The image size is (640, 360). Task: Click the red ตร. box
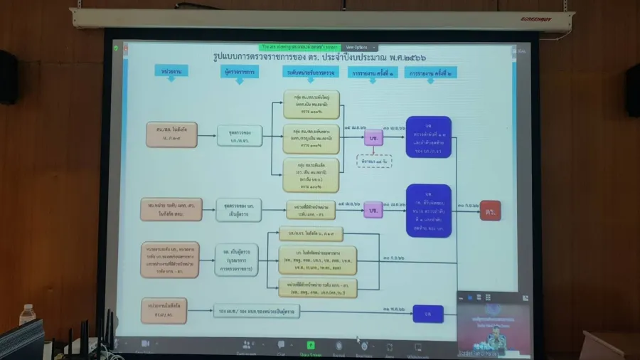pyautogui.click(x=490, y=211)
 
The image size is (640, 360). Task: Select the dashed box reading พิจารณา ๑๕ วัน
pyautogui.click(x=374, y=162)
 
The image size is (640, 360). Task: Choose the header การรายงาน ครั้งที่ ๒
pyautogui.click(x=431, y=73)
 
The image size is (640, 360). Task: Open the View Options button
pyautogui.click(x=357, y=47)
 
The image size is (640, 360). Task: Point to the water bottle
pyautogui.click(x=28, y=316)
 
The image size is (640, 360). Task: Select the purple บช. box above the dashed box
pyautogui.click(x=373, y=137)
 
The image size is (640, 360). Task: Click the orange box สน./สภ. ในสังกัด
pyautogui.click(x=171, y=134)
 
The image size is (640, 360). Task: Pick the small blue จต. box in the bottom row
pyautogui.click(x=428, y=314)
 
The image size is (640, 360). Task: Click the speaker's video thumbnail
pyautogui.click(x=492, y=322)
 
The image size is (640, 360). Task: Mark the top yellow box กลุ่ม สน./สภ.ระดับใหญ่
pyautogui.click(x=311, y=103)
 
